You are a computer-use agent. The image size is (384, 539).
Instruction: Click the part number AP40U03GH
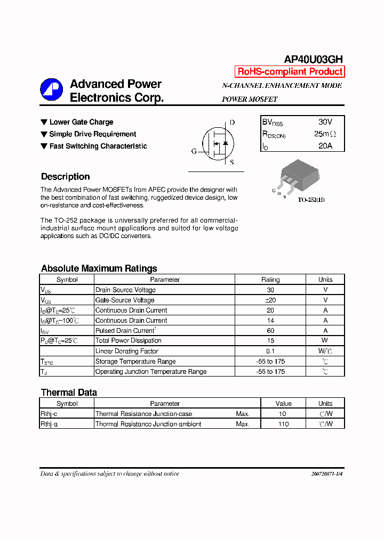pyautogui.click(x=313, y=59)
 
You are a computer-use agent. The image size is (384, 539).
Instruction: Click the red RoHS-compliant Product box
pyautogui.click(x=290, y=72)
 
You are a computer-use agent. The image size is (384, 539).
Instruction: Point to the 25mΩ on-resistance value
pyautogui.click(x=325, y=134)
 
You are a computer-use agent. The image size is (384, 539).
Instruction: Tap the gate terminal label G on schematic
pyautogui.click(x=194, y=151)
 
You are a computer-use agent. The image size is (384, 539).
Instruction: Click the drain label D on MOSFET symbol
pyautogui.click(x=232, y=123)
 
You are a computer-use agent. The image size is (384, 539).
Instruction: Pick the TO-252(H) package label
pyautogui.click(x=311, y=200)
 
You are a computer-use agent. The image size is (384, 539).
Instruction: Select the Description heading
pyautogui.click(x=66, y=177)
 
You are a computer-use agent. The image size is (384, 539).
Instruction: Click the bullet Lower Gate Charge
pyautogui.click(x=81, y=122)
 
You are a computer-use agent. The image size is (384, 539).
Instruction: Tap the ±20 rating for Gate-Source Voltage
pyautogui.click(x=270, y=300)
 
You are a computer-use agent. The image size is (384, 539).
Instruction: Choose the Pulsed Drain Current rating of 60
pyautogui.click(x=270, y=331)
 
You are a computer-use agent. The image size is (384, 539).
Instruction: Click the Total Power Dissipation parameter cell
pyautogui.click(x=129, y=341)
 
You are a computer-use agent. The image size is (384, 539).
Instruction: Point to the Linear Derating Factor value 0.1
pyautogui.click(x=270, y=351)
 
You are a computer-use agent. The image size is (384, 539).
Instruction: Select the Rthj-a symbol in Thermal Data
pyautogui.click(x=49, y=424)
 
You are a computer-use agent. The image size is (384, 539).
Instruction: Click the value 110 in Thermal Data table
pyautogui.click(x=283, y=424)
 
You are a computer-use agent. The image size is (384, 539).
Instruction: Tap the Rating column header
pyautogui.click(x=270, y=280)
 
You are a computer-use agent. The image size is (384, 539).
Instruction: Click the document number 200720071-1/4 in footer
pyautogui.click(x=326, y=473)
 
